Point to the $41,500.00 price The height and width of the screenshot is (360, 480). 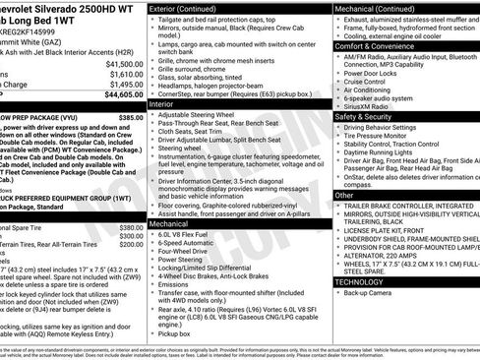(x=121, y=63)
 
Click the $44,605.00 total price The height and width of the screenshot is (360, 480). (x=121, y=95)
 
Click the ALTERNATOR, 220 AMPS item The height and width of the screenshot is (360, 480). (x=387, y=255)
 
